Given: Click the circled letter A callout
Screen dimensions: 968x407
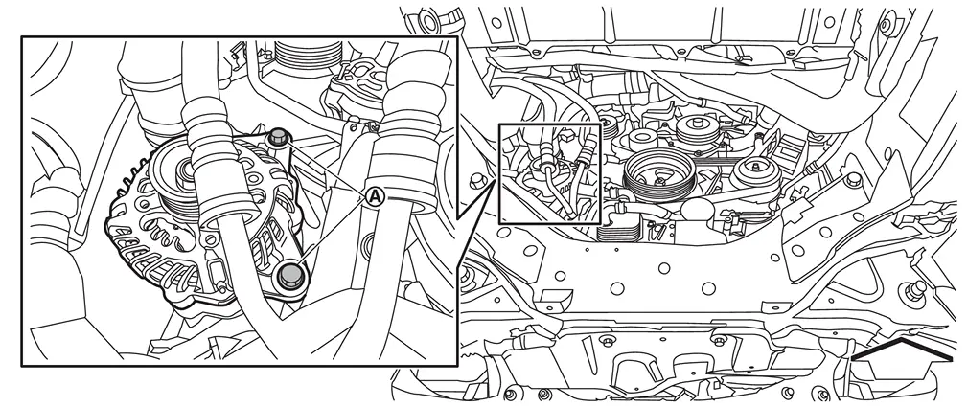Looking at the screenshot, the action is pyautogui.click(x=376, y=197).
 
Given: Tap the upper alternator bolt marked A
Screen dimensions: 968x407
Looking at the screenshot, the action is pyautogui.click(x=279, y=136).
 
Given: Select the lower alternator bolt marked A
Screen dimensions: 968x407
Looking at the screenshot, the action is pyautogui.click(x=289, y=275).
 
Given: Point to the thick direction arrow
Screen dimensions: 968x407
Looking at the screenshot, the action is pyautogui.click(x=902, y=349).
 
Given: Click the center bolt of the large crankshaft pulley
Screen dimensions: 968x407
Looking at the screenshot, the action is pyautogui.click(x=659, y=181).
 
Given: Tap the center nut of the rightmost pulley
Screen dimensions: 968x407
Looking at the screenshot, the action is pyautogui.click(x=755, y=167).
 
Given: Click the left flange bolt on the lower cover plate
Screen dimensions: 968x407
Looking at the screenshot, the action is pyautogui.click(x=607, y=341).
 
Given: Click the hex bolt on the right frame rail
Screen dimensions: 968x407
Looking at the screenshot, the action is pyautogui.click(x=854, y=179).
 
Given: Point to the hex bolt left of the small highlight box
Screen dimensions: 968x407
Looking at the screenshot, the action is pyautogui.click(x=475, y=181).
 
